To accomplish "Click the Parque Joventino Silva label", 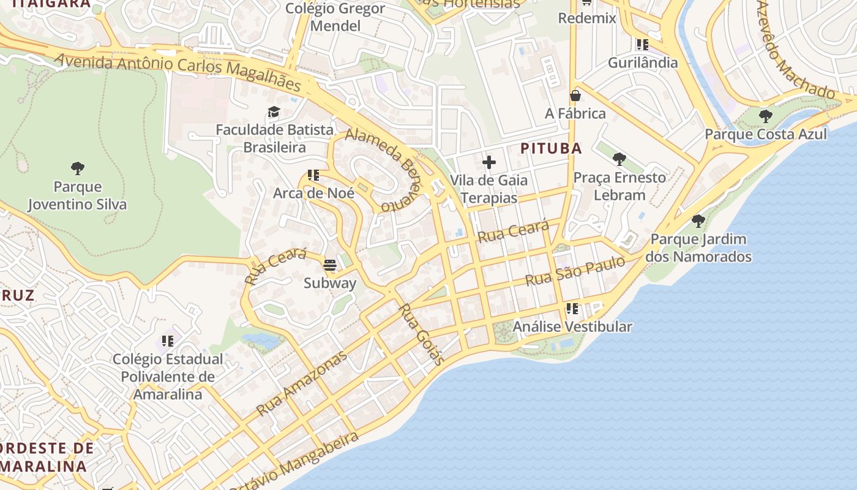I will (x=77, y=195).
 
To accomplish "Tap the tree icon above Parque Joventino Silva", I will (x=77, y=168).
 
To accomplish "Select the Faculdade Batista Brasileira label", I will (x=274, y=138).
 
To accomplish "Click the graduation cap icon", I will (x=274, y=112).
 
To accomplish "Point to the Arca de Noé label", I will (x=313, y=193).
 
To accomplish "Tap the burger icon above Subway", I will (x=330, y=265).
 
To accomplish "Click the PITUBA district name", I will (x=551, y=148).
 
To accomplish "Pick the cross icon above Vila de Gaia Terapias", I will (x=488, y=162).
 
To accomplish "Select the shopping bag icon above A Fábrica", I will (x=575, y=96).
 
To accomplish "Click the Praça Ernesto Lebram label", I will (x=619, y=186).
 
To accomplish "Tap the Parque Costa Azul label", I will (x=765, y=134).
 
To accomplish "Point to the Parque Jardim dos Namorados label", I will (x=698, y=247).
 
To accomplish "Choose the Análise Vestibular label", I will (x=572, y=326).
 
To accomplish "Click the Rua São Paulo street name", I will (x=575, y=271).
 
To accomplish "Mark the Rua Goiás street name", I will (x=422, y=334).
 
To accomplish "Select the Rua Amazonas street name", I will (x=302, y=384).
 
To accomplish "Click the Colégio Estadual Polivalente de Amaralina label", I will (x=168, y=377).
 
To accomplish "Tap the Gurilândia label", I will (x=642, y=62).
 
